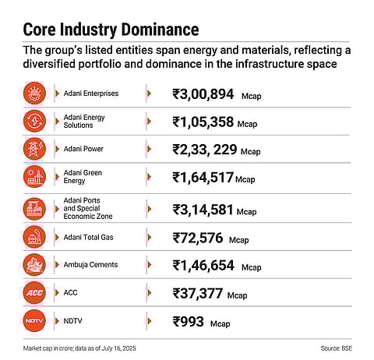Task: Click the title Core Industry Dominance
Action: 110,30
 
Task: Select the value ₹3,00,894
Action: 203,94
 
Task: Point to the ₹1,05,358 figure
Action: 203,122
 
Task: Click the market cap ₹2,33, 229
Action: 205,150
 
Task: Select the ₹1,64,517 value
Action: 203,178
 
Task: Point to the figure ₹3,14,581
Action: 203,210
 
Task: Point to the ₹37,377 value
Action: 198,293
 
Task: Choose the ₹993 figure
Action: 190,321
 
